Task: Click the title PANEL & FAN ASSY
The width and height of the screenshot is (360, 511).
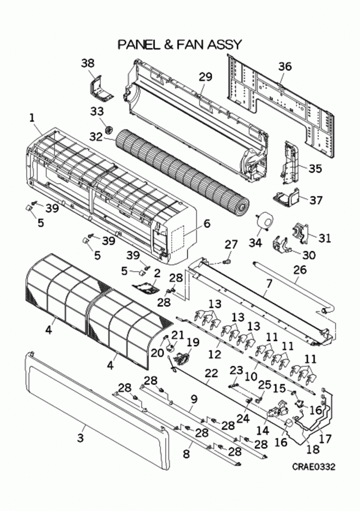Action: point(179,45)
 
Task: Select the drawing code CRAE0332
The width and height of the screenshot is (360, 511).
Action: point(313,466)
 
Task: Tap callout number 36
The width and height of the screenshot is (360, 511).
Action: point(285,66)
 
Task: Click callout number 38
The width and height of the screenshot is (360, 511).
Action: point(88,63)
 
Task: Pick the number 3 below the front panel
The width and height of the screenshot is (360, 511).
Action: point(80,438)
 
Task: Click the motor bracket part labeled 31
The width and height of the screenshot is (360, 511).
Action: point(300,233)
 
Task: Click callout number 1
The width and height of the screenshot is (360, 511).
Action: point(32,117)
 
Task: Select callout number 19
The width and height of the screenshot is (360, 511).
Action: point(192,342)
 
